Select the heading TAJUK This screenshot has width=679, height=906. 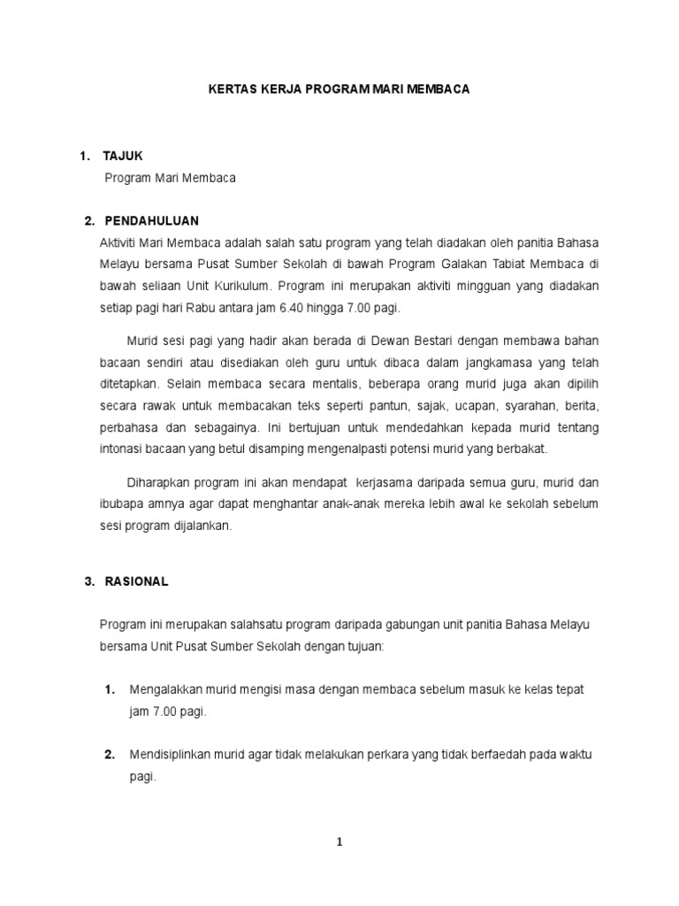point(123,156)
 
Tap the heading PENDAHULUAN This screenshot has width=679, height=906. point(152,220)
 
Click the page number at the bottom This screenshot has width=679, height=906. point(339,842)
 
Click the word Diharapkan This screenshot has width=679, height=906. point(163,482)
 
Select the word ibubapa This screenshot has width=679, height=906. point(123,503)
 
